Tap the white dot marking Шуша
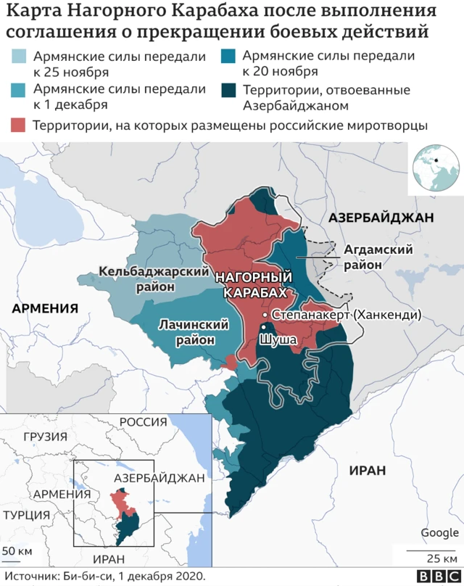pyautogui.click(x=264, y=329)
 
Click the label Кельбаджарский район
pyautogui.click(x=139, y=278)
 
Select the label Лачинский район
pyautogui.click(x=186, y=331)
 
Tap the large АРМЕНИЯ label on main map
pyautogui.click(x=45, y=308)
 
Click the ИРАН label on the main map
pyautogui.click(x=367, y=470)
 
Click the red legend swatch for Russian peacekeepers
pyautogui.click(x=20, y=125)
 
